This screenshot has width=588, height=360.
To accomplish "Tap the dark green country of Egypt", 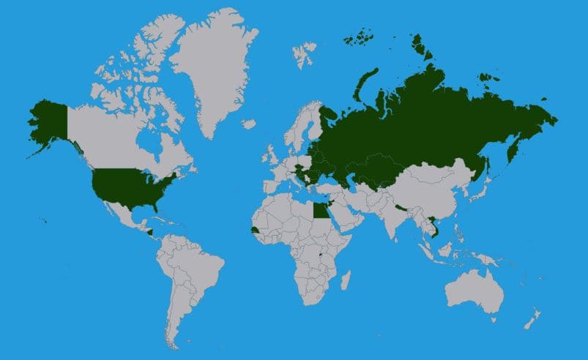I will [x=319, y=211].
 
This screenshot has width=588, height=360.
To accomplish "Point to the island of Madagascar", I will [x=346, y=280].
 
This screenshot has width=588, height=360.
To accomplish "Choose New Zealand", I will [x=533, y=319].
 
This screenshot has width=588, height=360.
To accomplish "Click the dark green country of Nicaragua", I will [x=149, y=233].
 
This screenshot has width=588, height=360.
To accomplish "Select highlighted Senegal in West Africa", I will [x=254, y=230].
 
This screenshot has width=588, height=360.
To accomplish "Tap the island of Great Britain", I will [x=272, y=157].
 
